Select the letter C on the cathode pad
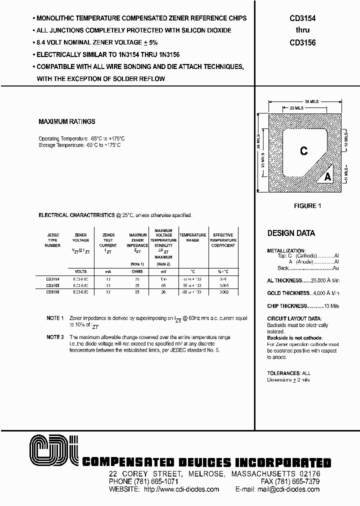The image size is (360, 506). [303, 151]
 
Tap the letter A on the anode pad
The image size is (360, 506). [328, 176]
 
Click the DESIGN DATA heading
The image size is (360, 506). [291, 233]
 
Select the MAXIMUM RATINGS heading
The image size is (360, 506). [66, 121]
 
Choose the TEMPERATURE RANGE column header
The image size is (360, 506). [192, 238]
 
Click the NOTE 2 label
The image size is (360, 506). [55, 337]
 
